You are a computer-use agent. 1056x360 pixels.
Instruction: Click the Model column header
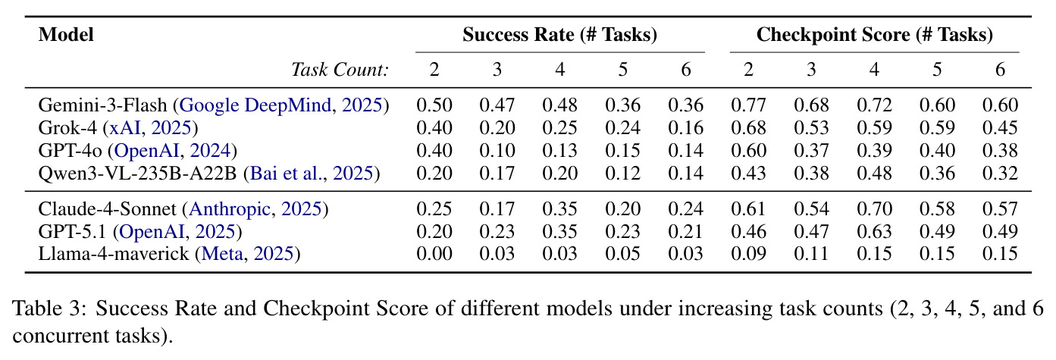pos(66,35)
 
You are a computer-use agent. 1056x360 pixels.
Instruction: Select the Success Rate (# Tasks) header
pos(559,35)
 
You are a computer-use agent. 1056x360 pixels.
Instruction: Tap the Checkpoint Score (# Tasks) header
pos(875,35)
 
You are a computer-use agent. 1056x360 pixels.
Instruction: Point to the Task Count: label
pos(340,70)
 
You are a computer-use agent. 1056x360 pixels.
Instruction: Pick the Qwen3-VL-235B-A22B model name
pos(137,174)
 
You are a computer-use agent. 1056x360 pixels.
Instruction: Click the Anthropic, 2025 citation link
pos(255,208)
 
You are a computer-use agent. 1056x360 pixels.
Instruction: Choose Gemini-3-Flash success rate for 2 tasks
pos(434,105)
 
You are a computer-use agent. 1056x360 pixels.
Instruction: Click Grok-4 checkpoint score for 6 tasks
pos(1000,127)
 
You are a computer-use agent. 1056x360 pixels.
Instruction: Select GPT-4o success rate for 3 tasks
pos(497,150)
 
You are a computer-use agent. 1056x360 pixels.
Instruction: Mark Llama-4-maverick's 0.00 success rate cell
pos(434,254)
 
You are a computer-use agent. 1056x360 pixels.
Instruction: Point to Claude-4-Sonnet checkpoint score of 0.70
pos(874,208)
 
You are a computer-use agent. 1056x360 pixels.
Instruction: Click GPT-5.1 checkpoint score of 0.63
pos(874,231)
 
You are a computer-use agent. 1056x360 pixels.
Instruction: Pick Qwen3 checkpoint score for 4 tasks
pos(874,174)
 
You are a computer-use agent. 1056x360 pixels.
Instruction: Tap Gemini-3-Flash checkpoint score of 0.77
pos(749,105)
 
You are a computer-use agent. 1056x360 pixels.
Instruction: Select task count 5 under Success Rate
pos(622,70)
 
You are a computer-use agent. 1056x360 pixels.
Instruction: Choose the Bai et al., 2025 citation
pos(312,174)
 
